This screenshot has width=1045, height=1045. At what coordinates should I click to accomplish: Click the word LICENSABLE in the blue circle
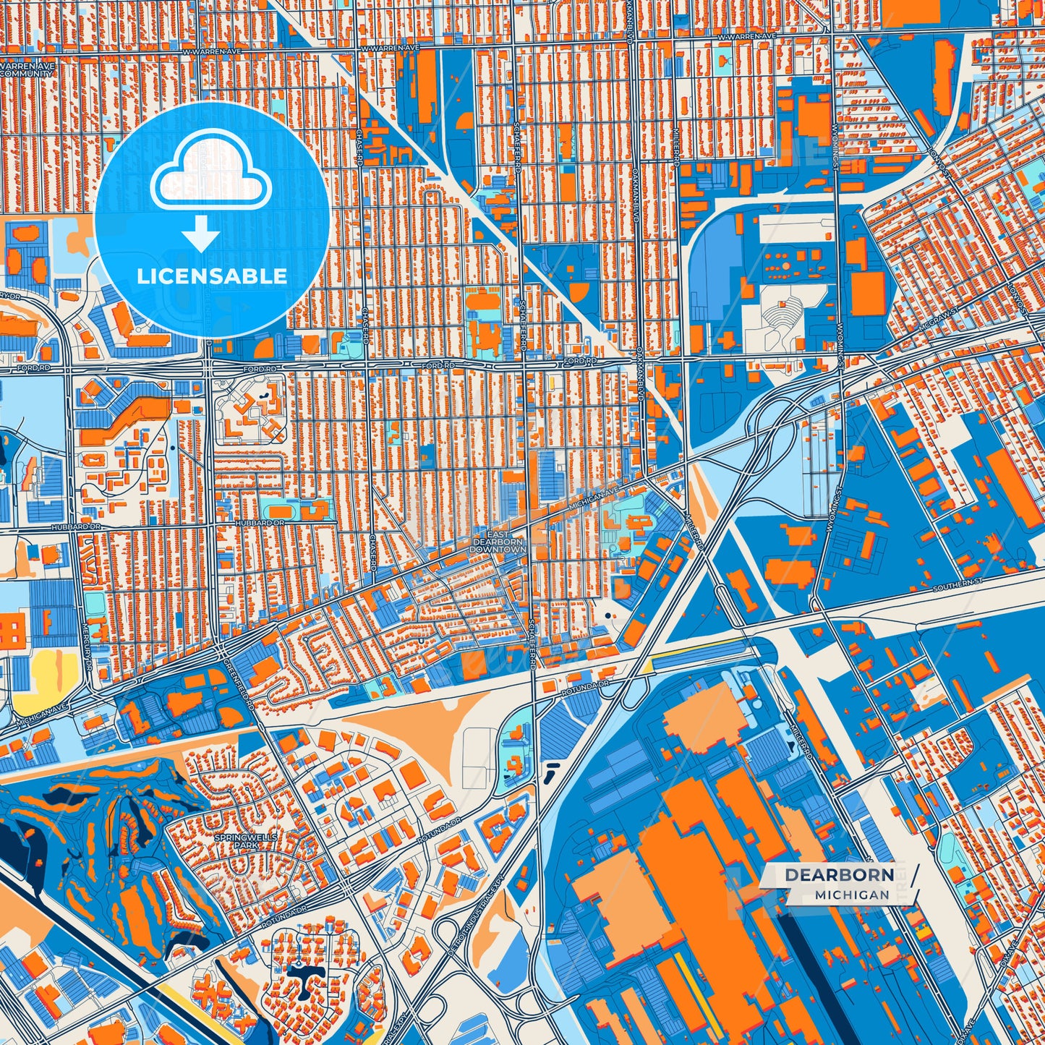(x=212, y=276)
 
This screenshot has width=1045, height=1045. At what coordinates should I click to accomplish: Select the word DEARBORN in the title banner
(x=840, y=874)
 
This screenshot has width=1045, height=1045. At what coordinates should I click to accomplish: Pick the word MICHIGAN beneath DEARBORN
(x=851, y=895)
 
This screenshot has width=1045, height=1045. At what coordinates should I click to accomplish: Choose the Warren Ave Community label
(x=27, y=69)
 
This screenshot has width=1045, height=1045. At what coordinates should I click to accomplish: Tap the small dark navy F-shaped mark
(x=552, y=770)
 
